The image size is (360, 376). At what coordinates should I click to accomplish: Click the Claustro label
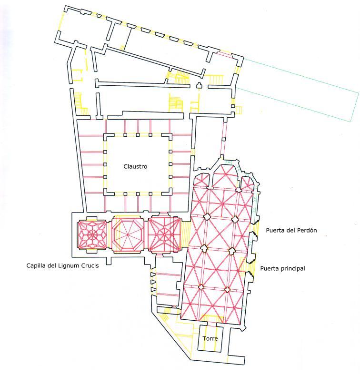(x=135, y=166)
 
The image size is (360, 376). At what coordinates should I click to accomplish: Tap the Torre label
(x=210, y=339)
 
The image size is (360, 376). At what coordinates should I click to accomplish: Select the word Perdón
(x=307, y=230)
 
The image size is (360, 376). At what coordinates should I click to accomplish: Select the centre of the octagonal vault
(x=128, y=234)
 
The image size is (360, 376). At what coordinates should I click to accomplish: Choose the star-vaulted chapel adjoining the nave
(x=164, y=234)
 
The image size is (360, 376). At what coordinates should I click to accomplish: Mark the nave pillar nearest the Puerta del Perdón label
(x=235, y=219)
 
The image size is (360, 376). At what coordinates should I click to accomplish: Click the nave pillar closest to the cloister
(x=207, y=216)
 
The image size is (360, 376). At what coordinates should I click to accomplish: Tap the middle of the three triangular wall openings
(x=153, y=282)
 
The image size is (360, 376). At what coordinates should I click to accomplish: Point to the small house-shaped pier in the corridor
(x=199, y=85)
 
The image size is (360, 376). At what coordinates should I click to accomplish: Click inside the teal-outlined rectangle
(x=297, y=90)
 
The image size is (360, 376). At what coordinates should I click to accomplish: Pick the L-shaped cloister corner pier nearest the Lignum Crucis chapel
(x=106, y=192)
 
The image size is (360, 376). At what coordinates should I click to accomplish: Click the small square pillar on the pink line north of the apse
(x=224, y=139)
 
